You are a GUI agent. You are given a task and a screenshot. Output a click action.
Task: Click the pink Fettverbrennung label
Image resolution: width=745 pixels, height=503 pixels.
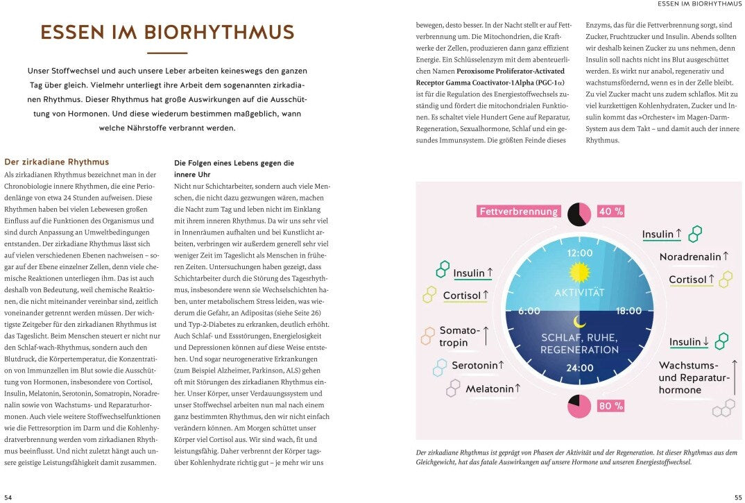(519, 212)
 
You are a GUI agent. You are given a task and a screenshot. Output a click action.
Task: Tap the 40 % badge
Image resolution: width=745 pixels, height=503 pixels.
(610, 212)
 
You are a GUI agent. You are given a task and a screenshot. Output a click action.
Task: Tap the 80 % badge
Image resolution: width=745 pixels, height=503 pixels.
(610, 406)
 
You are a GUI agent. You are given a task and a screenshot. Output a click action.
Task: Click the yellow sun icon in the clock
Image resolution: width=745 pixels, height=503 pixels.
(579, 272)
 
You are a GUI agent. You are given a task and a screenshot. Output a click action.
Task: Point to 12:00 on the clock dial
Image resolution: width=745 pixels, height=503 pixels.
(580, 253)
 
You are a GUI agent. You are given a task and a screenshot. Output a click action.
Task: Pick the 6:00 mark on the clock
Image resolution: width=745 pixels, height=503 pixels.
(529, 312)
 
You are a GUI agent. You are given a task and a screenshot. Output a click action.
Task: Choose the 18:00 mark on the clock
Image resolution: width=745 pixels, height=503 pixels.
(628, 312)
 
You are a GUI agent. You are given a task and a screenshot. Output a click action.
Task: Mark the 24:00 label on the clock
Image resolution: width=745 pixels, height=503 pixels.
(580, 368)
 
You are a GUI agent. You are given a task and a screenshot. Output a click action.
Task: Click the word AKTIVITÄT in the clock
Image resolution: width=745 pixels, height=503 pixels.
(580, 293)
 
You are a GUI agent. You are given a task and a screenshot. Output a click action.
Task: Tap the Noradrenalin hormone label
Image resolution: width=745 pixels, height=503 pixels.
(694, 257)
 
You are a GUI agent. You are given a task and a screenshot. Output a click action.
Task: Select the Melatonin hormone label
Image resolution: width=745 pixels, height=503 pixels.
(493, 389)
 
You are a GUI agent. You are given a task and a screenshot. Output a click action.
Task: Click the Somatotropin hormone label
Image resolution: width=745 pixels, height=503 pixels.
(459, 336)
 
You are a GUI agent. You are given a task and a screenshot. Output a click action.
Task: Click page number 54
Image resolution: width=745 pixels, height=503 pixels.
(8, 497)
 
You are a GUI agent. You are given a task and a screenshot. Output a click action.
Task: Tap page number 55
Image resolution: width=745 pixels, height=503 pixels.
(737, 497)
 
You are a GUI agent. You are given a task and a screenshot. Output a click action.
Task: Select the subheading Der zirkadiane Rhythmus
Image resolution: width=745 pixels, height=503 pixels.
(56, 162)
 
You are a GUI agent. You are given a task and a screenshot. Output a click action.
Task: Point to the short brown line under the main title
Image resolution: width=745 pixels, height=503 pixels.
(167, 53)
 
